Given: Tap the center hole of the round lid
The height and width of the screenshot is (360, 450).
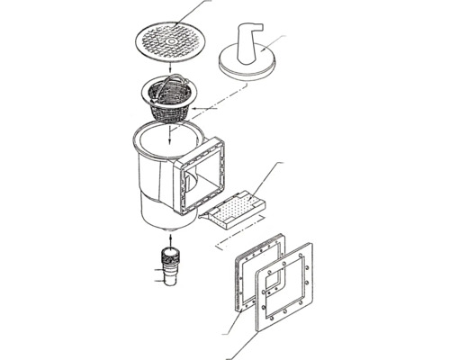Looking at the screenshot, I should click(169, 40).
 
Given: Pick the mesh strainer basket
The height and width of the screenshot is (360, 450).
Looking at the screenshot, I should click(170, 108).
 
